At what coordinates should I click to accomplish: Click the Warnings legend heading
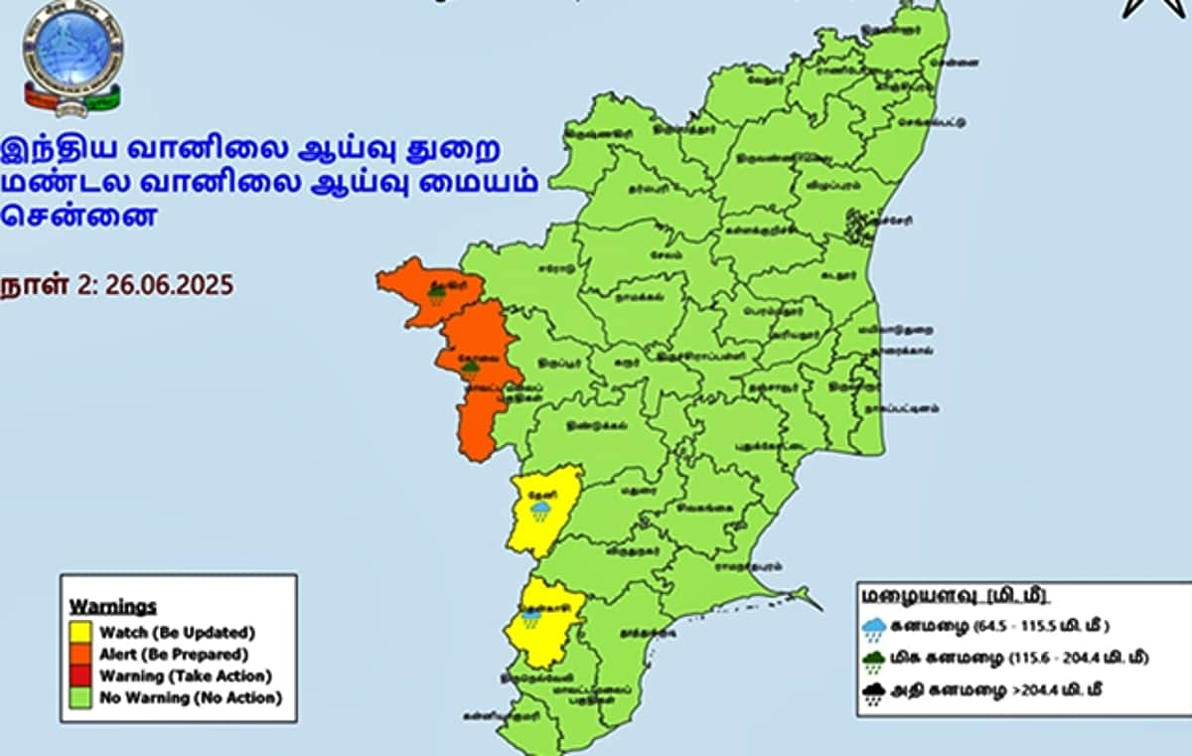(113, 606)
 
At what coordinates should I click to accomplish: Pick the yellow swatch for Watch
(80, 632)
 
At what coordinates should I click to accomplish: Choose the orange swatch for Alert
(80, 655)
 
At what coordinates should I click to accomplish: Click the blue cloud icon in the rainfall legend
(875, 628)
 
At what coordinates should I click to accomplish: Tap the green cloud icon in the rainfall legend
(875, 661)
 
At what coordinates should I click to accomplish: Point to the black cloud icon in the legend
(875, 693)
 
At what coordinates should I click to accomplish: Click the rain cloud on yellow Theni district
(540, 511)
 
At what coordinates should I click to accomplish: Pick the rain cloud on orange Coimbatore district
(470, 369)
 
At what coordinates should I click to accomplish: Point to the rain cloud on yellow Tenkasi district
(532, 618)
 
